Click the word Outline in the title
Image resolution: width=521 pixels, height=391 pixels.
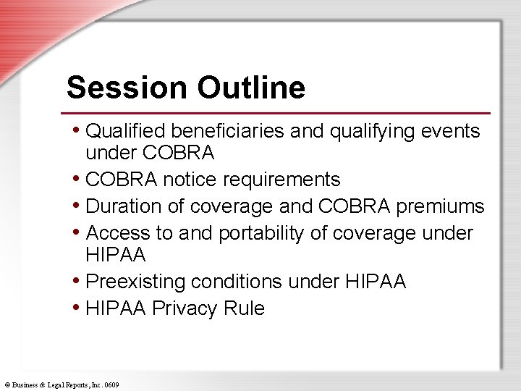[250, 88]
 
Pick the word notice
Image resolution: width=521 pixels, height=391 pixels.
[190, 179]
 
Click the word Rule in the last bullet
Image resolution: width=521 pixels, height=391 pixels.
[244, 308]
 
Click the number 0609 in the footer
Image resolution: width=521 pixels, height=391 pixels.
[111, 385]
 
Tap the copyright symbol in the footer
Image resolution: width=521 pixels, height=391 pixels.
[6, 385]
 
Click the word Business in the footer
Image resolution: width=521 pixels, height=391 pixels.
[25, 385]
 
